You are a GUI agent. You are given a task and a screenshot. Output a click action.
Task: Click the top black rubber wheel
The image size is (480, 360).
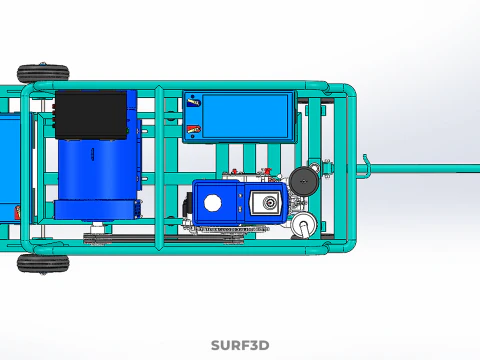click(43, 73)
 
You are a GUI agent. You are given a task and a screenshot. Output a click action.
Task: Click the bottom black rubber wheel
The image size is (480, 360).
click(43, 263)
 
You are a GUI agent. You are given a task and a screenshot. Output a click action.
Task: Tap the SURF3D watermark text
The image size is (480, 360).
click(240, 345)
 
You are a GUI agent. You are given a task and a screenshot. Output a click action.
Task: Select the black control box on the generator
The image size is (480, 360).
click(91, 115)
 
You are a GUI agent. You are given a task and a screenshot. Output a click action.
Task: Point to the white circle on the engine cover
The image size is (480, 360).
click(212, 203)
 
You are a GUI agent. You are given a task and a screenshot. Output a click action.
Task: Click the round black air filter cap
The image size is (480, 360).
click(304, 181)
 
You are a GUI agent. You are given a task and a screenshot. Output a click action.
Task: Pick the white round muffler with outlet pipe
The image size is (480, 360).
click(304, 225)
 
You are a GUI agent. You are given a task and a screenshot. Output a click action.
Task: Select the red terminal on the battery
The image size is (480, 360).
click(193, 129)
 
